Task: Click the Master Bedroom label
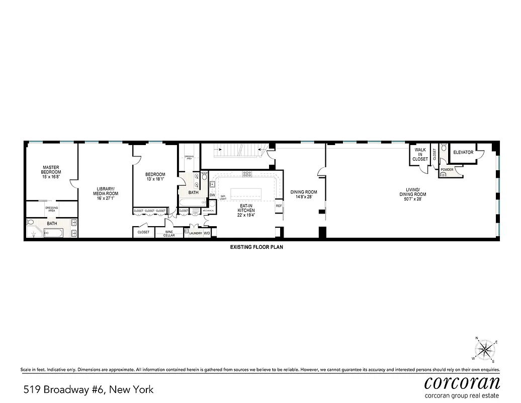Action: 51,170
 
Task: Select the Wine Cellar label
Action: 169,233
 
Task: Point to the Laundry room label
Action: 195,233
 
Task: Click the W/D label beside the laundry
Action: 207,233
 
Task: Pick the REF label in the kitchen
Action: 279,206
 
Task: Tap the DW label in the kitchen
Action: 212,195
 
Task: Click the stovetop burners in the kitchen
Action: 247,174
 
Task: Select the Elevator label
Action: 463,152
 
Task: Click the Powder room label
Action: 447,170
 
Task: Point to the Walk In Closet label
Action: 420,154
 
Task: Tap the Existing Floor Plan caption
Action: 254,247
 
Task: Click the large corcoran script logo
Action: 462,381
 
